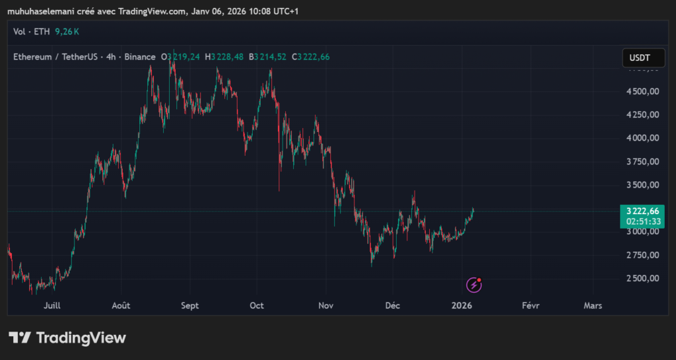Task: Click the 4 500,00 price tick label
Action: coord(642,91)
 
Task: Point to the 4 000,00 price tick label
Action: coord(642,138)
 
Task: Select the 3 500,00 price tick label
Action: coord(642,185)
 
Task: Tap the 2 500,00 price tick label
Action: coord(642,278)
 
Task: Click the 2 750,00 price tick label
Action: coord(642,255)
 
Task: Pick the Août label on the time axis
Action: coord(121,306)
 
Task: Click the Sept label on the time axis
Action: coord(189,306)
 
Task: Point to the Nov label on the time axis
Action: coord(325,306)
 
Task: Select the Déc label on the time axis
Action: coord(393,306)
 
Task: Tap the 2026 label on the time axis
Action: coord(461,306)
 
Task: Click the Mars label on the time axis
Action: coord(593,306)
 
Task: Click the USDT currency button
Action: coord(642,58)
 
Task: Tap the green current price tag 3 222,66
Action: coord(642,211)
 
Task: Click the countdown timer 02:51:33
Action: coord(642,222)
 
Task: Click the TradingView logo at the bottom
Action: coord(67,338)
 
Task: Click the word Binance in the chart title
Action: coord(139,57)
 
